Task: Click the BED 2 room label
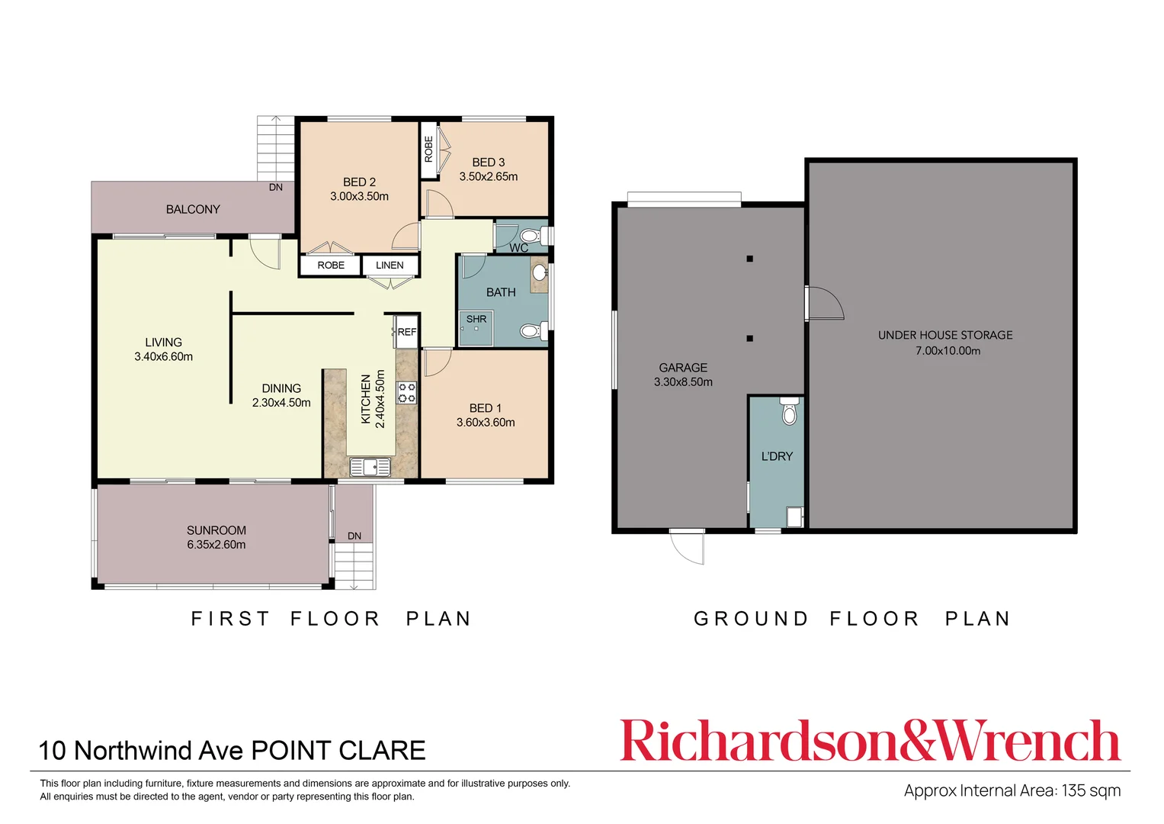[359, 182]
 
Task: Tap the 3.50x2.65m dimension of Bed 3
[488, 177]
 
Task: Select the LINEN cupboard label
[390, 266]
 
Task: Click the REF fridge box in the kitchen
[406, 332]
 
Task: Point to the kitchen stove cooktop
[407, 393]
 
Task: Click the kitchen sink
[370, 466]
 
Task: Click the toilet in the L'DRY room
[789, 412]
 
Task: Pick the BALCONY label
[193, 209]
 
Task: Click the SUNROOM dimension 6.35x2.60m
[216, 545]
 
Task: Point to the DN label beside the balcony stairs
[276, 187]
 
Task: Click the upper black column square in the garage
[750, 259]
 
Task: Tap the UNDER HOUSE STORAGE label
[945, 335]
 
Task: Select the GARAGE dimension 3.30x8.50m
[683, 382]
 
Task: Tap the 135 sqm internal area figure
[1091, 790]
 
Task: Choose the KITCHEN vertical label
[366, 399]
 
